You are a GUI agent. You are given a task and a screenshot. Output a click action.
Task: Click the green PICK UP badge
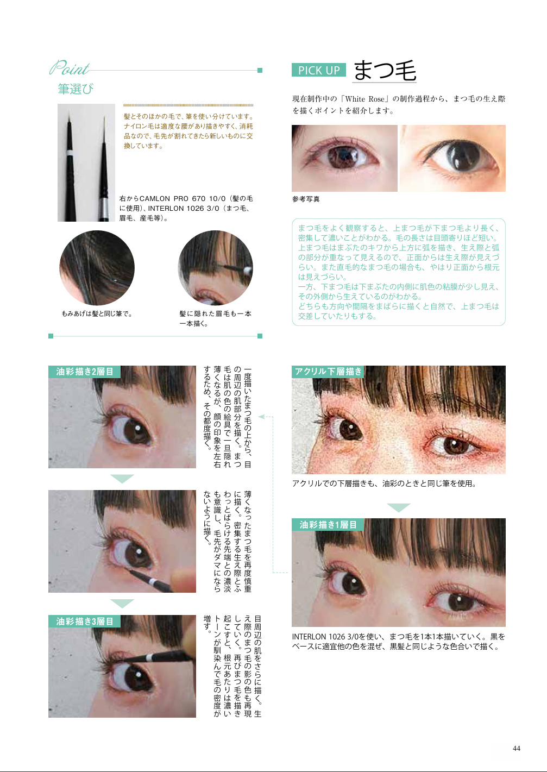coord(318,70)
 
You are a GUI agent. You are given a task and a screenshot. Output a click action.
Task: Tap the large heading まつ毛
coord(385,70)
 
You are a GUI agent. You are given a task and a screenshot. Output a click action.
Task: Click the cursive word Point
coord(70,68)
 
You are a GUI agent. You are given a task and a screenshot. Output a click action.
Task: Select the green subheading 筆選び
coord(76,89)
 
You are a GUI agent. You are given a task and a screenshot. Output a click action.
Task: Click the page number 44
coord(517,748)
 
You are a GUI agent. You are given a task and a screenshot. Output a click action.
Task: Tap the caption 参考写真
coord(306,199)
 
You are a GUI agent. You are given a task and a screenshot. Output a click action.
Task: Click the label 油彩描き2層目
coord(84,372)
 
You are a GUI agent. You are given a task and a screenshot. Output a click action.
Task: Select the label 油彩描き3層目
coord(84,621)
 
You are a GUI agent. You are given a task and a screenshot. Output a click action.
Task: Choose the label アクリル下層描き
coord(328,372)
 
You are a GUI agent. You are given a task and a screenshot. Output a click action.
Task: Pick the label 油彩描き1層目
coord(328,525)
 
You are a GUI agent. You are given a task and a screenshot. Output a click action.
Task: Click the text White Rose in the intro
coord(364,99)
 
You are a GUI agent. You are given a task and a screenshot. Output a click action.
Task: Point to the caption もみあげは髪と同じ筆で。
coord(97,313)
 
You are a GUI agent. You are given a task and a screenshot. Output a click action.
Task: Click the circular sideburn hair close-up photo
coord(97,268)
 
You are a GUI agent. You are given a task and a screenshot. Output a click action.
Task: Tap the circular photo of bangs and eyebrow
coord(216,268)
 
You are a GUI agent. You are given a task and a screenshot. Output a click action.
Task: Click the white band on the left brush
coord(70,153)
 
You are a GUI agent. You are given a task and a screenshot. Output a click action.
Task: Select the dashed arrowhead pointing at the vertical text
coord(262,417)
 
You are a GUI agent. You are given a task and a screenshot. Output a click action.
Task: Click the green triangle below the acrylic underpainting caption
coord(399,507)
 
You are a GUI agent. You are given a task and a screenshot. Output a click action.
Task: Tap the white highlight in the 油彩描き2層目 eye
coord(138,428)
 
